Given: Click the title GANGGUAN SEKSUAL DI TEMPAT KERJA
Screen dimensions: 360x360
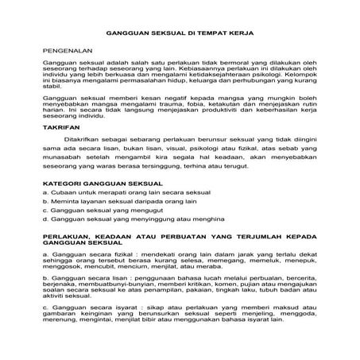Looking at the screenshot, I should click(x=180, y=34).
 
